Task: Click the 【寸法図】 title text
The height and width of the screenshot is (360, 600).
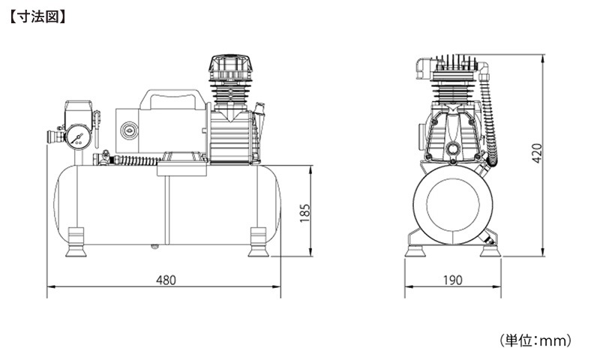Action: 37,14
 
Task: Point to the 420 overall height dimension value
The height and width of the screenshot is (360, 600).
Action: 535,154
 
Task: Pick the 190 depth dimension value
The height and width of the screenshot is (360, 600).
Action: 451,280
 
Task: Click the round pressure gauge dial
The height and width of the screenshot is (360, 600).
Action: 79,136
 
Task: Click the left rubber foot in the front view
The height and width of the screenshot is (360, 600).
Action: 76,241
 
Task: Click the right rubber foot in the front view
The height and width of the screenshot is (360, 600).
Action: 257,241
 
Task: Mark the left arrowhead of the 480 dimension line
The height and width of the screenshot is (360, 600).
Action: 49,287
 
